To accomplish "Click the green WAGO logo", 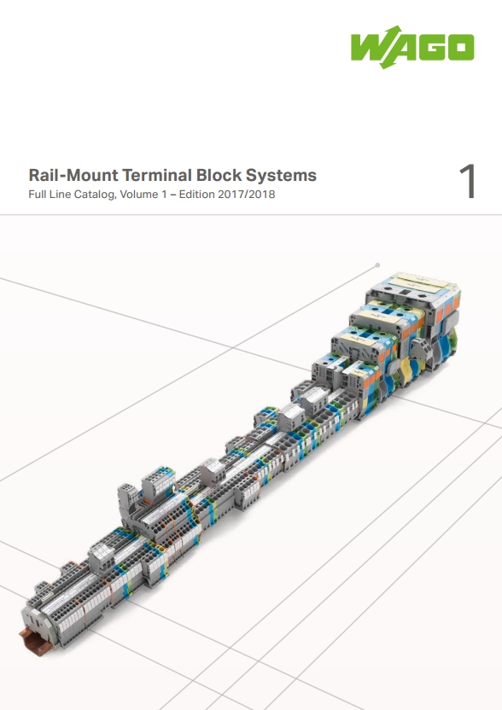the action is (x=412, y=47).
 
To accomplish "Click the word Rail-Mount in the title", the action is (x=73, y=175).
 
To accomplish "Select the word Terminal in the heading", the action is (x=157, y=175).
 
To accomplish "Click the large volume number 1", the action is (x=468, y=181).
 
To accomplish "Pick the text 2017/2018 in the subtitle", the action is (x=247, y=195).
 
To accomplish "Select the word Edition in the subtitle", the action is (x=196, y=195).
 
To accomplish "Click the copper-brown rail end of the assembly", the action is (x=33, y=641).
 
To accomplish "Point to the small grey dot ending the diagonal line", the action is (x=377, y=265).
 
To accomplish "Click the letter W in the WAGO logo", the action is (x=367, y=47).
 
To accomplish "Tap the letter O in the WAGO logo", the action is (x=461, y=47).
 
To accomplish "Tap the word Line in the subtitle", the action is (x=58, y=195).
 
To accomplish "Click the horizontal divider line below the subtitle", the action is (x=251, y=215).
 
